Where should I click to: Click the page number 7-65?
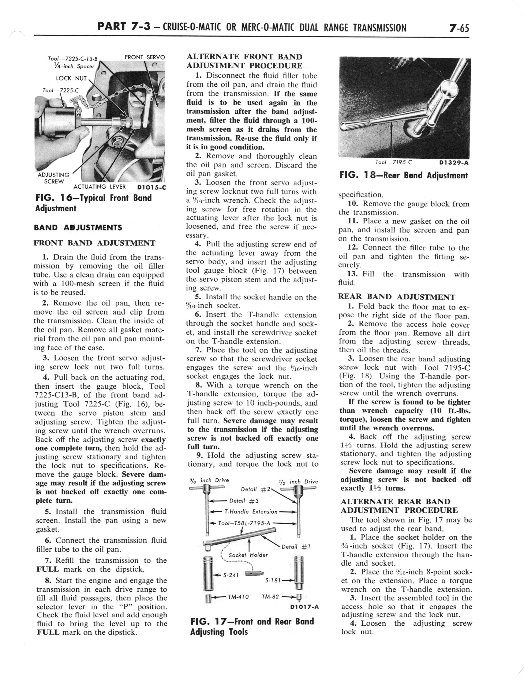pos(459,28)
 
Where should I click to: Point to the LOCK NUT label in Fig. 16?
pos(71,78)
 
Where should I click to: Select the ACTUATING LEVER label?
pos(100,187)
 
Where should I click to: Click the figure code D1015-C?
pos(151,188)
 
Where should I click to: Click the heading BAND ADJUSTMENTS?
pos(78,227)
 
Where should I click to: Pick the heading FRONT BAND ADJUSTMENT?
pos(94,243)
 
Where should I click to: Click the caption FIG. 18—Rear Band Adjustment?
pos(404,176)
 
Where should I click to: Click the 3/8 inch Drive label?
pos(209,480)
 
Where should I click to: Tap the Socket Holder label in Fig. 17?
pos(248,555)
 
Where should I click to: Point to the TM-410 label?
pos(238,597)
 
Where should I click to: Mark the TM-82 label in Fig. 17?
pos(270,597)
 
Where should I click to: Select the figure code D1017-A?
pos(304,607)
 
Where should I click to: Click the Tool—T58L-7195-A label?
pos(244,523)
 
